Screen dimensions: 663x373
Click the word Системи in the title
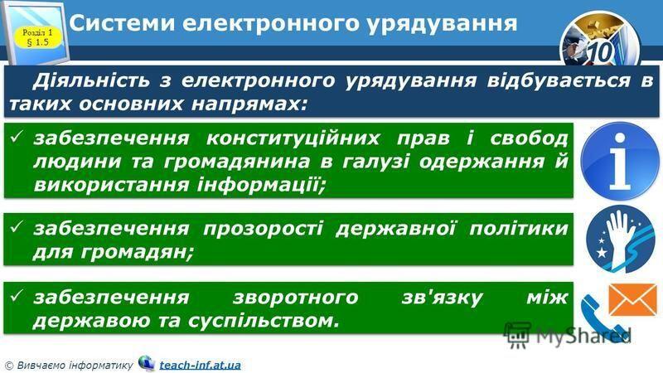tap(122, 23)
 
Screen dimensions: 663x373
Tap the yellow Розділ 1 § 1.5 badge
tap(38, 37)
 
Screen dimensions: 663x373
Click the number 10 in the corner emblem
tap(600, 52)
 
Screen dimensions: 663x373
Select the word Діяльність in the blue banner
tap(91, 80)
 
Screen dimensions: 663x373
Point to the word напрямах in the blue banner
tap(249, 104)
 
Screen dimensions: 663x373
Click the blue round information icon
tap(619, 161)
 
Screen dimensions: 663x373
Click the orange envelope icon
tap(632, 300)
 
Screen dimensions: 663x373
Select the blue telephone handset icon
tap(599, 315)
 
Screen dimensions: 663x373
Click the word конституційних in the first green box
tap(293, 138)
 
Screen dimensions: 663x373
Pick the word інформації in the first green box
tap(261, 185)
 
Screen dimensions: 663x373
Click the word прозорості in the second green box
tap(263, 229)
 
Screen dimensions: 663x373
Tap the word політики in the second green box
tap(519, 229)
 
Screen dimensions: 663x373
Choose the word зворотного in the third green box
tap(296, 298)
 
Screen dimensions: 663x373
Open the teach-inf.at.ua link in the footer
tap(200, 365)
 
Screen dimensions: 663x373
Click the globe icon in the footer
tap(147, 363)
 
